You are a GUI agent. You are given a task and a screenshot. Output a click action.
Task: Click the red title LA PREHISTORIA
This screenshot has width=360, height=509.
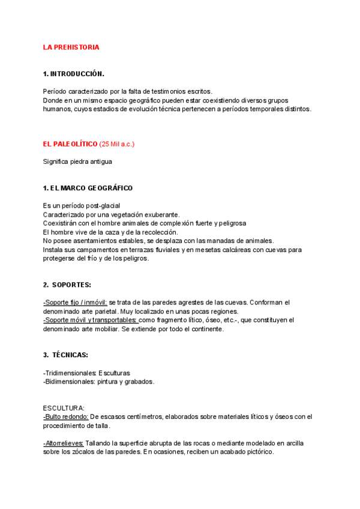tap(71, 47)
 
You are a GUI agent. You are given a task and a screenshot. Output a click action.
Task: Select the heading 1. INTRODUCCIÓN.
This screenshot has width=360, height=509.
tap(73, 74)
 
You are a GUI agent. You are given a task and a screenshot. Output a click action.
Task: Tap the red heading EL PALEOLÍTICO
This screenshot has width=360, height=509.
tap(70, 145)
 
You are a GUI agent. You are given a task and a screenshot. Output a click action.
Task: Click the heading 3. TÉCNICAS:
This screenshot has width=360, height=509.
tap(65, 355)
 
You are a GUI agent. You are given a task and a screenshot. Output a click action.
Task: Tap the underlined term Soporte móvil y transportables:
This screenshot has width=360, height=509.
tap(90, 320)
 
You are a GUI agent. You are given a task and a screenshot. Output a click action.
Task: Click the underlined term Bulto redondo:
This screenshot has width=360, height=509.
tap(66, 417)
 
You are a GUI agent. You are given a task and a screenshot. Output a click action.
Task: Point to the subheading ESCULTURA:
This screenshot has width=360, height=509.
tap(64, 408)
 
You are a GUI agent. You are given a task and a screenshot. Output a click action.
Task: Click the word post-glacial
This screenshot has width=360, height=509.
tap(102, 205)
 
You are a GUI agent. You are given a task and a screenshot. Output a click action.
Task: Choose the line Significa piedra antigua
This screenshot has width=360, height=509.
tap(77, 161)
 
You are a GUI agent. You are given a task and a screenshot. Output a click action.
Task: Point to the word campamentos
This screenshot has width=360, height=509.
tap(91, 249)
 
